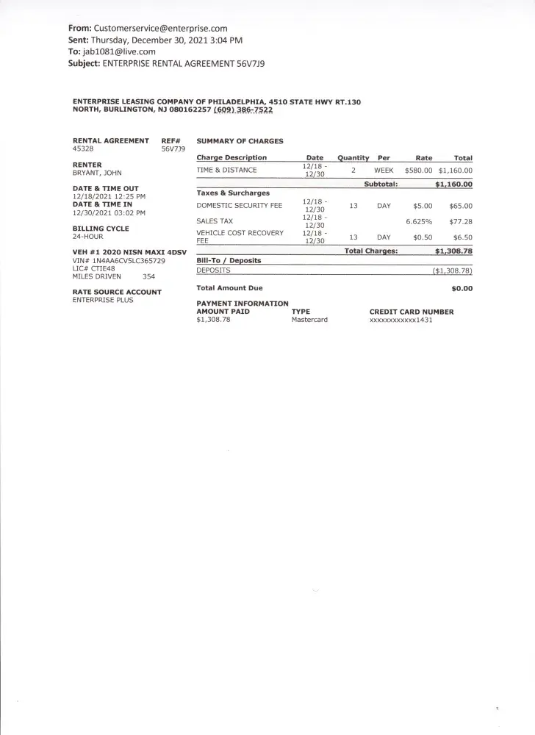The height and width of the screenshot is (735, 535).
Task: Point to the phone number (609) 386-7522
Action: pos(243,110)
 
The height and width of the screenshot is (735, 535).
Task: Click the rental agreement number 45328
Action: pos(83,148)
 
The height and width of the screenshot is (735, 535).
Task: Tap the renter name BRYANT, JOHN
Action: pos(98,173)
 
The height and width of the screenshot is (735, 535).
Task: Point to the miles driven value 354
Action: pos(149,276)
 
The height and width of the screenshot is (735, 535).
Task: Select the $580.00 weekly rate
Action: pos(418,170)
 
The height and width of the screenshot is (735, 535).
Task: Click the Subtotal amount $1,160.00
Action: pos(453,184)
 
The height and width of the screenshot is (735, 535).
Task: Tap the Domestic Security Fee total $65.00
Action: pos(460,207)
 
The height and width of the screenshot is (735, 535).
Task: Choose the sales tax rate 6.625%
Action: pos(419,221)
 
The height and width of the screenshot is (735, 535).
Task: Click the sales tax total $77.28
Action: pos(460,221)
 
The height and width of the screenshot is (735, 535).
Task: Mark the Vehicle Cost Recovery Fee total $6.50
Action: pos(462,237)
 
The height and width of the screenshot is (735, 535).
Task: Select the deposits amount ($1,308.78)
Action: pos(452,270)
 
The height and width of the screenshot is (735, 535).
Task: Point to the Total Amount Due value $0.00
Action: pos(462,289)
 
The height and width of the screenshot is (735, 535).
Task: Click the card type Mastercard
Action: pos(309,320)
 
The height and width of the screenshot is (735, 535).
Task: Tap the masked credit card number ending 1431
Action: pos(401,320)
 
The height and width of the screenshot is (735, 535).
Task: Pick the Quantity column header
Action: pos(353,158)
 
